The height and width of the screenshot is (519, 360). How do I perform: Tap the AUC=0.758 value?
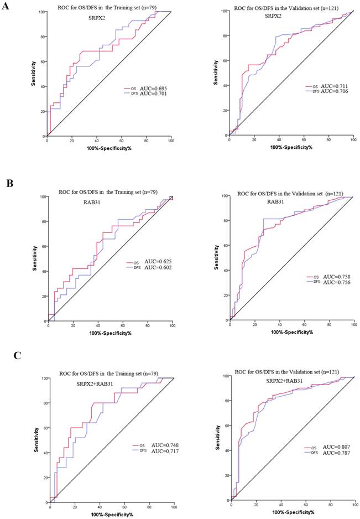tap(334, 276)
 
